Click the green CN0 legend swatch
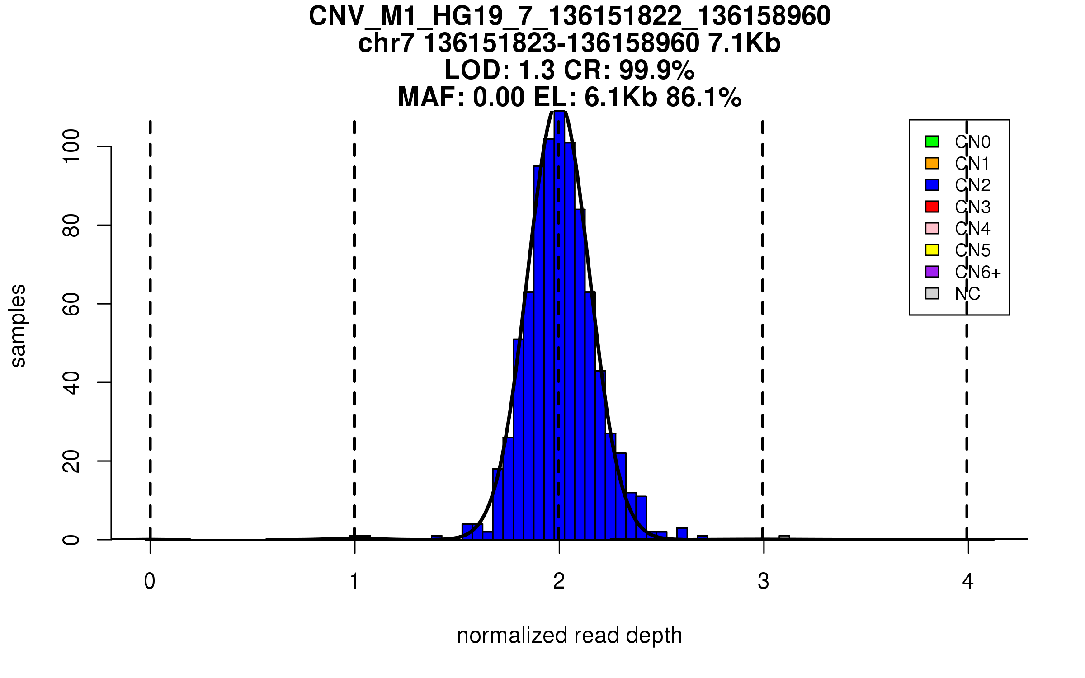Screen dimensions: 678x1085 932,141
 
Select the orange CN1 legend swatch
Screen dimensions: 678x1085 932,163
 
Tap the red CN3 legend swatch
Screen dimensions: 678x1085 932,207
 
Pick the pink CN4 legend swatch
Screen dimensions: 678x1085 932,228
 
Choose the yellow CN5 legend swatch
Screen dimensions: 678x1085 932,250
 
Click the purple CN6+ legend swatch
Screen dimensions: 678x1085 932,272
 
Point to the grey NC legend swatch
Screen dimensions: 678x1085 932,293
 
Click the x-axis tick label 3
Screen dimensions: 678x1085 764,581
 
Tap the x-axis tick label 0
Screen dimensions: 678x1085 150,581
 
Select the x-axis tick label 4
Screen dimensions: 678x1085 968,581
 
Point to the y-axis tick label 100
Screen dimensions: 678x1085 71,146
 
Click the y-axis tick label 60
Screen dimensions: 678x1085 71,304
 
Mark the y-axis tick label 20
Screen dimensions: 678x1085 71,461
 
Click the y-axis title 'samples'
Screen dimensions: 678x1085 18,326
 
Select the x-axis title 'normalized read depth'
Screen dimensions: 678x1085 569,636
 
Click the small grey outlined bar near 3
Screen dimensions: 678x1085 784,537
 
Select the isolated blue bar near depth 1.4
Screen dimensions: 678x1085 437,537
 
